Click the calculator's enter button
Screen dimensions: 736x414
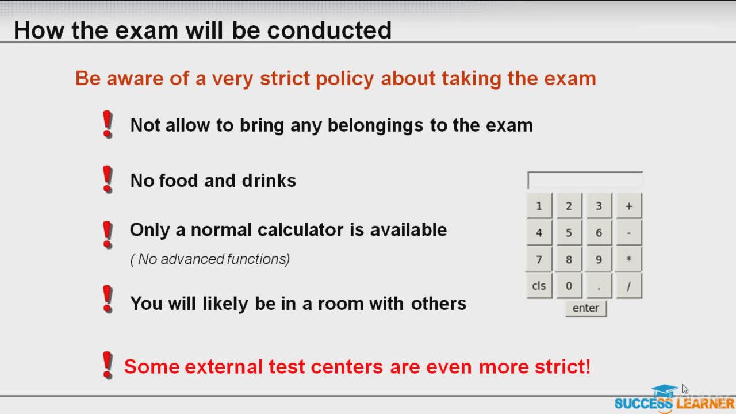(586, 308)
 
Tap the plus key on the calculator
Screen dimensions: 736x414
(629, 206)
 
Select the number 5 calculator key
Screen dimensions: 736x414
(569, 233)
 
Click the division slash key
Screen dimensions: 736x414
(629, 286)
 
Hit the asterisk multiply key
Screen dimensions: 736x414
(629, 259)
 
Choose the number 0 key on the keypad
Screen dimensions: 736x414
(569, 286)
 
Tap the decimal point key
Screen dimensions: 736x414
(599, 286)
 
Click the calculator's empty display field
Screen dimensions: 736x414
(585, 180)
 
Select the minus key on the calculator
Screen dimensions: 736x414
(629, 233)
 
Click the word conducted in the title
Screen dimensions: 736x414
(329, 30)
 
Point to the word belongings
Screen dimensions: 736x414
(375, 126)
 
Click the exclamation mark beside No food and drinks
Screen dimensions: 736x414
(108, 179)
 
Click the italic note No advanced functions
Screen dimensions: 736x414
(210, 259)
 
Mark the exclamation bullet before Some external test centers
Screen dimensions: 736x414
(108, 365)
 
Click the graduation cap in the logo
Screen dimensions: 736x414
(664, 391)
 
